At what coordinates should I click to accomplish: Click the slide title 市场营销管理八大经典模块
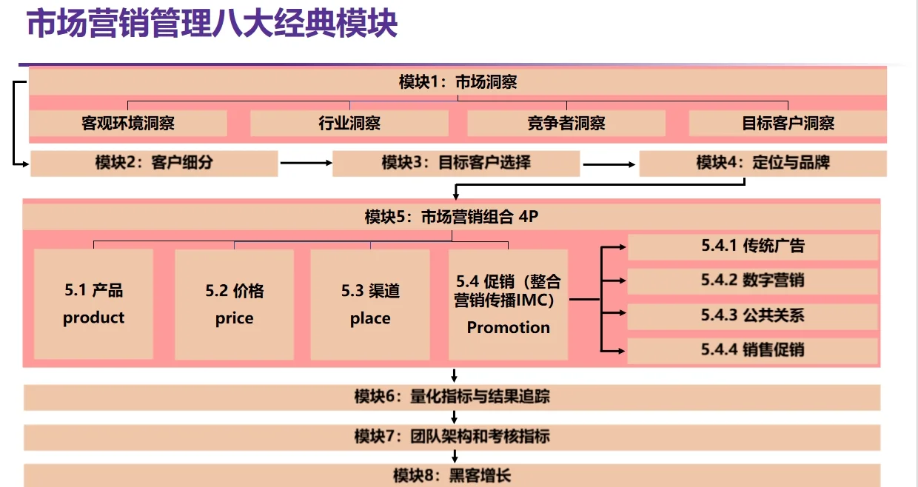pos(212,24)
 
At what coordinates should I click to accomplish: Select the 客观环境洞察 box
pos(128,123)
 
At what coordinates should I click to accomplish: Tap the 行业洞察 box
pos(349,123)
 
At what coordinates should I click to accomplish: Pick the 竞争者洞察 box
pos(566,123)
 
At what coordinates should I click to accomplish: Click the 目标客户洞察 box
pos(788,123)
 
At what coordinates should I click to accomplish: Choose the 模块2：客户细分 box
pos(154,163)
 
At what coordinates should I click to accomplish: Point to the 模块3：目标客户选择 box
pos(456,163)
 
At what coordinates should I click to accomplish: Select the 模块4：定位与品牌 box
pos(763,163)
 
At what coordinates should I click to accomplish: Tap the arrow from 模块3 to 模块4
pos(609,163)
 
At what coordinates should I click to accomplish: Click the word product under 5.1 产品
pos(93,318)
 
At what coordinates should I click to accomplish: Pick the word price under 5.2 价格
pos(234,319)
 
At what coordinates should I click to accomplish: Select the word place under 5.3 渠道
pos(370,319)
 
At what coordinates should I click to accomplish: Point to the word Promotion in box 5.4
pos(509,327)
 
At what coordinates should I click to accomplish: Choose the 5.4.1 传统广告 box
pos(753,246)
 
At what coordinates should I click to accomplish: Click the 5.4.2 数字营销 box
pos(753,281)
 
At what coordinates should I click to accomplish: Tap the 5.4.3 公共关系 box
pos(753,315)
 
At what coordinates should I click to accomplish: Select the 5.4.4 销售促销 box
pos(753,350)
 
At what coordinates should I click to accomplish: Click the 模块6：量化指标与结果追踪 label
pos(452,397)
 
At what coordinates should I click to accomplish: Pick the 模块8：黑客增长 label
pos(452,474)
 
